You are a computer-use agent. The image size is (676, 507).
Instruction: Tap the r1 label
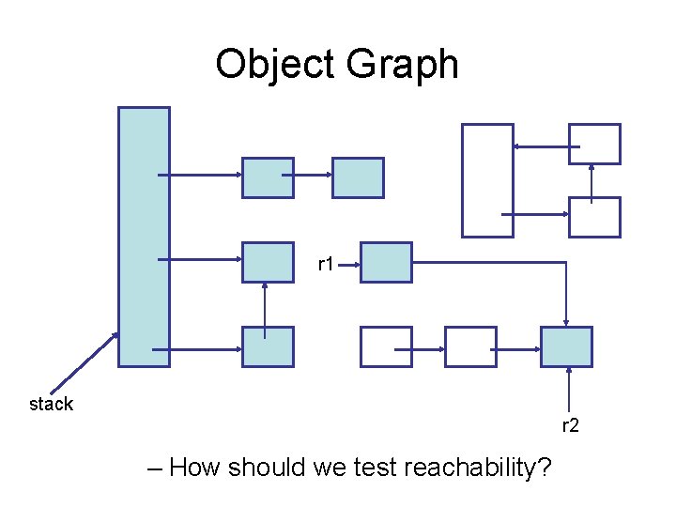(327, 266)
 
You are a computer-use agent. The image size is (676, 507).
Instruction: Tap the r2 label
(571, 426)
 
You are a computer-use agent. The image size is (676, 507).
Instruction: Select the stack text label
(51, 405)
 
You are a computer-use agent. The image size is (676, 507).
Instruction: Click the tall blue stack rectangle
(144, 236)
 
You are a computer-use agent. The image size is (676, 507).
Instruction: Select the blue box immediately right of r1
(386, 262)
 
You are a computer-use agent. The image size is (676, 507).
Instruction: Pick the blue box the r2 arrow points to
(567, 346)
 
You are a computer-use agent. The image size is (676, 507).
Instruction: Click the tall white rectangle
(487, 180)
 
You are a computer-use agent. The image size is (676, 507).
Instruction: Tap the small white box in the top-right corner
(595, 144)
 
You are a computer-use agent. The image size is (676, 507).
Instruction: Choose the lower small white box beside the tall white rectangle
(595, 217)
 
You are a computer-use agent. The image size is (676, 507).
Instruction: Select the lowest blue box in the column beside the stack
(268, 346)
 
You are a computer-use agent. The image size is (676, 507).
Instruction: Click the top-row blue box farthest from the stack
(358, 177)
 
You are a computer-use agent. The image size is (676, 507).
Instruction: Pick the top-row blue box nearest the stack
(268, 177)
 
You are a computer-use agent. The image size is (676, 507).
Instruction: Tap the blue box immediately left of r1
(268, 262)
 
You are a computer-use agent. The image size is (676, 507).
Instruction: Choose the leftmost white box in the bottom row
(386, 346)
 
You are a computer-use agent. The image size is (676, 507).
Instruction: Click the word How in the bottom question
(194, 467)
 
